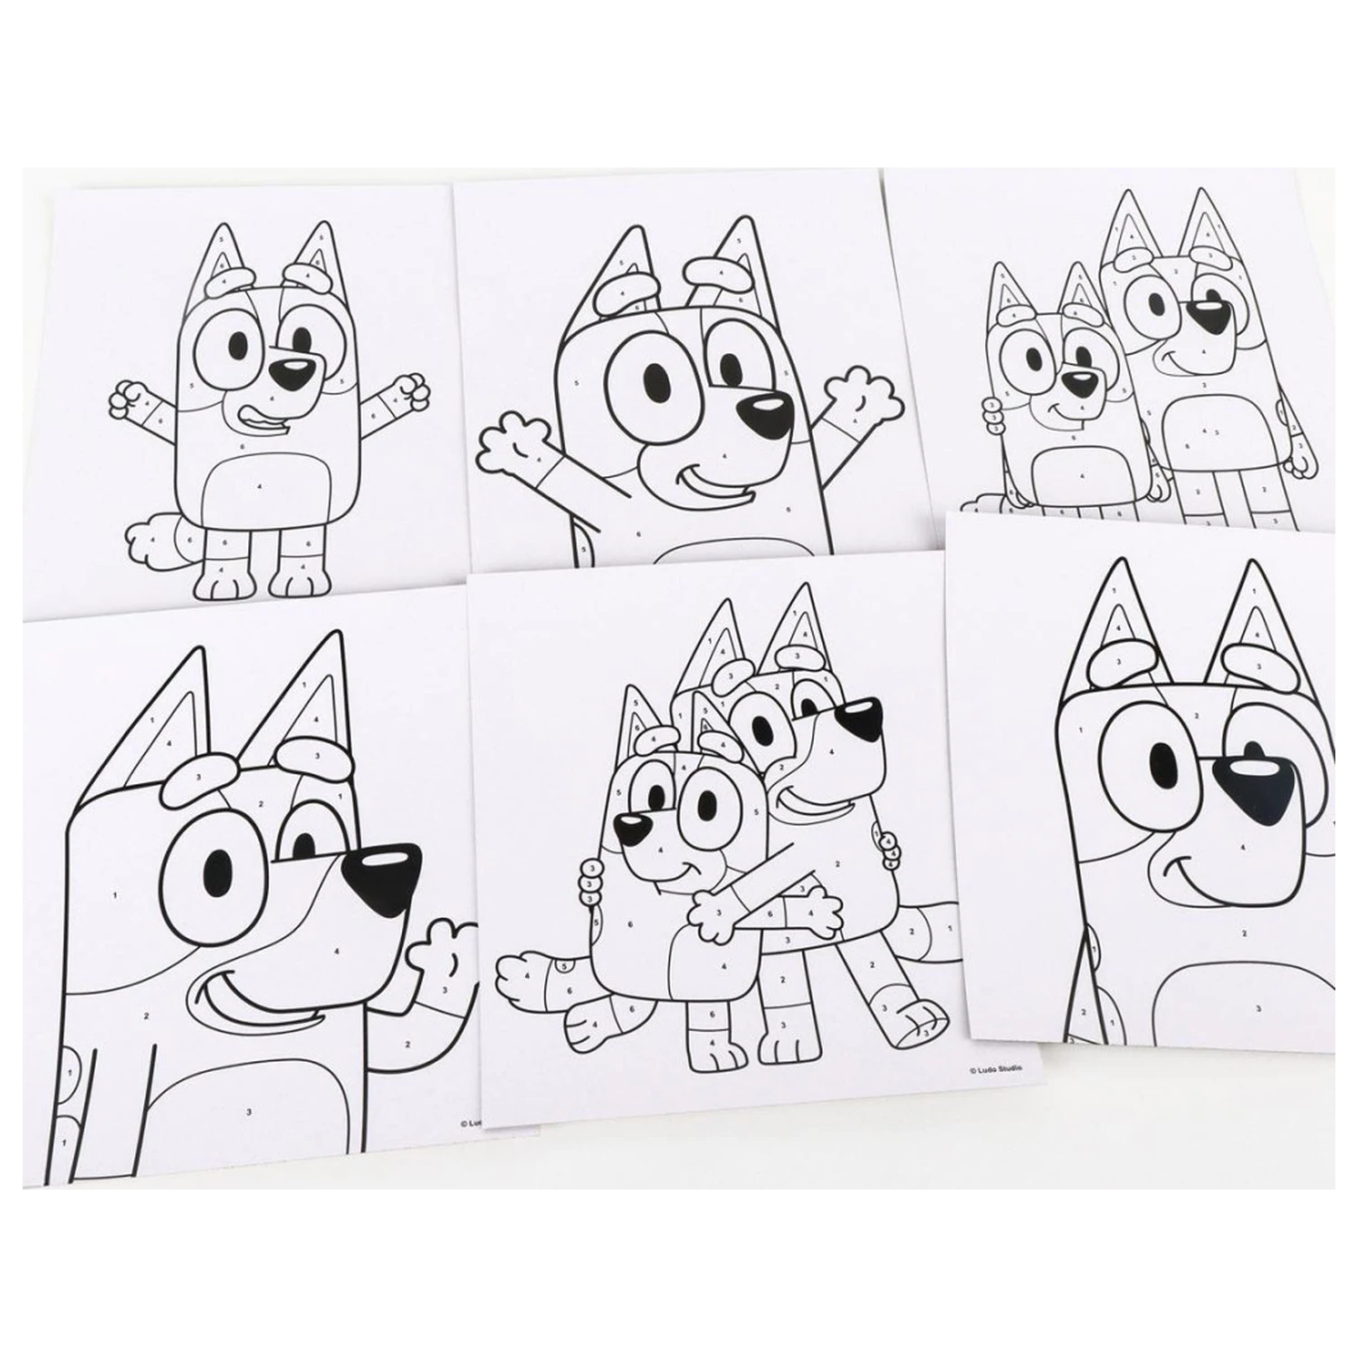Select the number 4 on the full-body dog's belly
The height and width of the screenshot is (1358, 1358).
click(x=259, y=487)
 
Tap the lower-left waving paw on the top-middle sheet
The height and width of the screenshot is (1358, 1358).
click(x=509, y=442)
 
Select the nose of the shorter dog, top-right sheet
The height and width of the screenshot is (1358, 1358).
click(x=1079, y=381)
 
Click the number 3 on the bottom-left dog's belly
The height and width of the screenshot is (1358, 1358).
click(x=247, y=1110)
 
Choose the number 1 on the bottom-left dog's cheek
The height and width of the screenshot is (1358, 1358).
click(x=116, y=895)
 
